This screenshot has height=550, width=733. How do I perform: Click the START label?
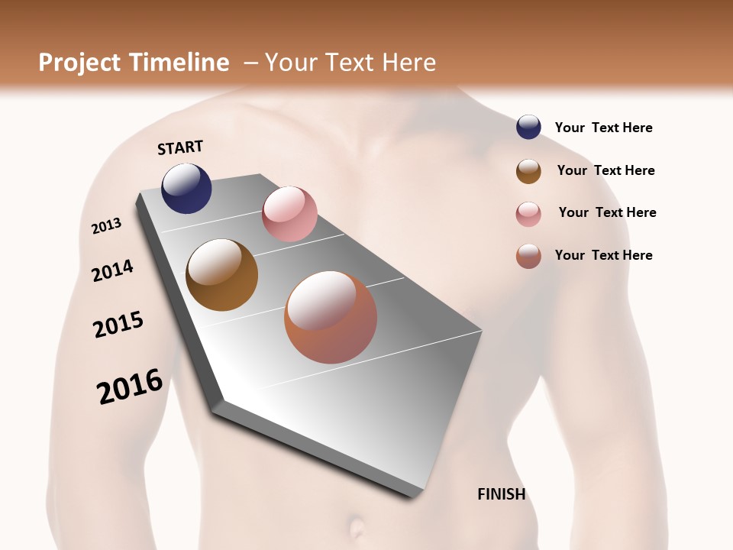point(180,147)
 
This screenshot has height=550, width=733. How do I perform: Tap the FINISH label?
point(501,494)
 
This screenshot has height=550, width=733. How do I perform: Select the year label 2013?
point(106,226)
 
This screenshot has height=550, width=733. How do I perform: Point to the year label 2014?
point(112,270)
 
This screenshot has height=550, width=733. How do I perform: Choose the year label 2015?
point(118,325)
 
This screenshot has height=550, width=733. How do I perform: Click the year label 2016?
point(130,387)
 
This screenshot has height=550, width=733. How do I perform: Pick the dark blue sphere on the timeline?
point(186,188)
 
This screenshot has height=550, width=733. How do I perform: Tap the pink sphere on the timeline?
point(289,214)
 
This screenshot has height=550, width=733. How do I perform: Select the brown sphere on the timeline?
point(221,275)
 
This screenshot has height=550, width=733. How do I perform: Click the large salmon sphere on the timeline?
point(331,317)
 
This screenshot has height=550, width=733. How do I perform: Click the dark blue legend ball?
point(528,127)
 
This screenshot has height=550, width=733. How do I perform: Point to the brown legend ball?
point(528,171)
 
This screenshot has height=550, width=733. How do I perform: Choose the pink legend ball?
point(528,214)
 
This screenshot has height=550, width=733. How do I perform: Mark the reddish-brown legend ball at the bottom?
point(528,256)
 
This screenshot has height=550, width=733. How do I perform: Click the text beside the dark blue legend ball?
point(603,128)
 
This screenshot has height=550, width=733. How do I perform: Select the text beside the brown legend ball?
point(605,170)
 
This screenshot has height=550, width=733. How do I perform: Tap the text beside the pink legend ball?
point(607,212)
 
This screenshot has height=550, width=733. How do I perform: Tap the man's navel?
point(357,527)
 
